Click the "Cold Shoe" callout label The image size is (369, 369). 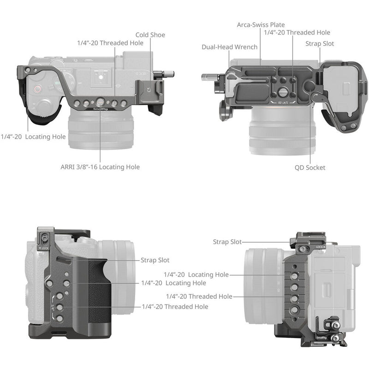pos(150,35)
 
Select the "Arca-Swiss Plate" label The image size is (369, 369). pos(261,24)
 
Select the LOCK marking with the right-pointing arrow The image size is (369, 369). pos(321,247)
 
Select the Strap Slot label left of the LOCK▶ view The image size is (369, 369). pos(227,242)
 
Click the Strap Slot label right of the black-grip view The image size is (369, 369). pos(155,260)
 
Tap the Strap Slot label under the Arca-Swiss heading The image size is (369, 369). pos(320,43)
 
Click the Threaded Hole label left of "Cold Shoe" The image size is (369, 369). pos(110,43)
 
